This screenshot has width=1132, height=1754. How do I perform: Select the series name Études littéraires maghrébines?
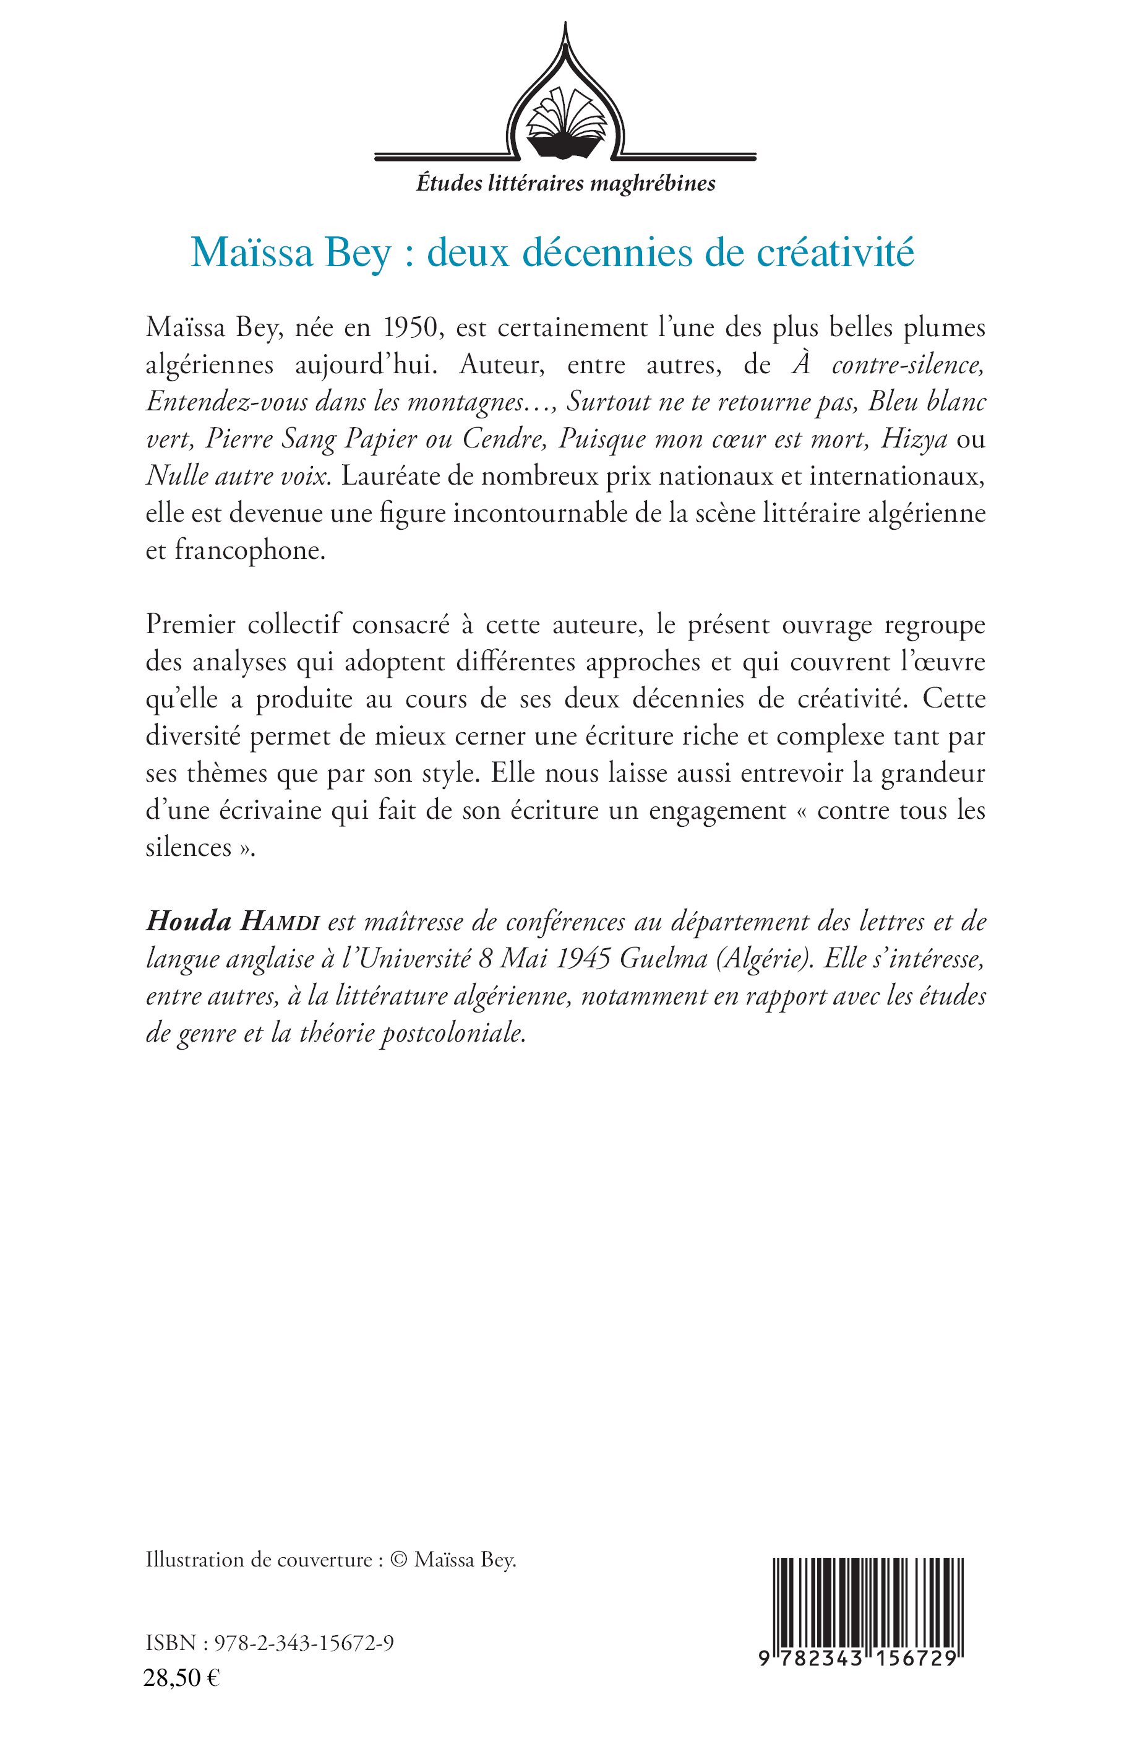(565, 183)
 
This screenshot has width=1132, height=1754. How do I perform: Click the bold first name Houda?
(188, 922)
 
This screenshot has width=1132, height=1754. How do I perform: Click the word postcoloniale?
(452, 1034)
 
